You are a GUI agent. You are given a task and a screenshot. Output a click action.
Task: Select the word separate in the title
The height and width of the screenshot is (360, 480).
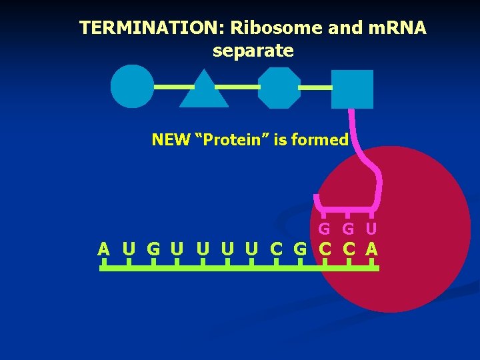tap(253, 51)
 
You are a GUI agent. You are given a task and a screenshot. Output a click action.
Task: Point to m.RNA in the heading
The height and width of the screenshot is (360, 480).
tap(396, 28)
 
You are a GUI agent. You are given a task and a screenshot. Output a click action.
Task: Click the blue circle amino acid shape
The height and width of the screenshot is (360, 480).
tap(132, 86)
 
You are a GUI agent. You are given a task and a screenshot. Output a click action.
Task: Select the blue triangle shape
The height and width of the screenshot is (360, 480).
tap(204, 91)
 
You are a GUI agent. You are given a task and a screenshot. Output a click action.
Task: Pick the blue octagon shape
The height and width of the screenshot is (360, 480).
tap(279, 87)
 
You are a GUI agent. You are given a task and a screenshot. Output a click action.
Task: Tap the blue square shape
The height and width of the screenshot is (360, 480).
tap(352, 89)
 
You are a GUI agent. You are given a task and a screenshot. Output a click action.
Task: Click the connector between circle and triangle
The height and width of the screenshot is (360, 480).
tap(174, 87)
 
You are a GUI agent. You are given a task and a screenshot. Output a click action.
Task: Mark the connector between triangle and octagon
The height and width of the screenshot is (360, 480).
tap(238, 87)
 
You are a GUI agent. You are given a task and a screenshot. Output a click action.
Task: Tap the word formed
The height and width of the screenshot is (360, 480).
tap(323, 140)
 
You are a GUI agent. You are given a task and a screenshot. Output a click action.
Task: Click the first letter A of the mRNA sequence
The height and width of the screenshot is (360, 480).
tap(103, 249)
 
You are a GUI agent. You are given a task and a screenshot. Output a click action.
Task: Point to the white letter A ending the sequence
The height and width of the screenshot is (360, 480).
tap(371, 249)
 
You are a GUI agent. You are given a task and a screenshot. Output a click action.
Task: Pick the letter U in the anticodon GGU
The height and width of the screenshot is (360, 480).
tap(371, 229)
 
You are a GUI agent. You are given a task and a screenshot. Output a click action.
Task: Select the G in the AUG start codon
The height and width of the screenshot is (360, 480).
tap(153, 249)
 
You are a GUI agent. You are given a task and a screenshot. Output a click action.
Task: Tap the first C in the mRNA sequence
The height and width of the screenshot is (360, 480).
tap(276, 249)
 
